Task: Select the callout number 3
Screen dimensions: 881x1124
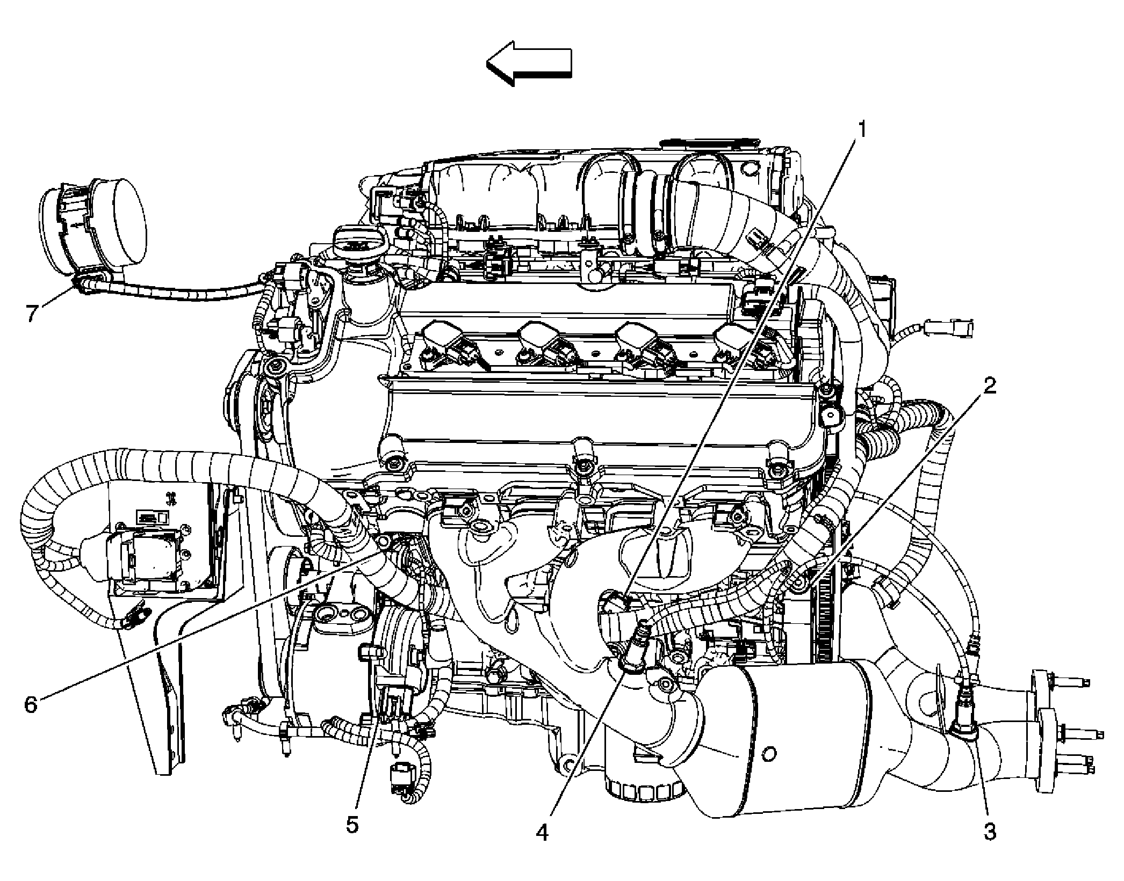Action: coord(989,832)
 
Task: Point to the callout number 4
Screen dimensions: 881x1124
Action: coord(542,833)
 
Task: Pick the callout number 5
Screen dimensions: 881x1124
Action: coord(352,824)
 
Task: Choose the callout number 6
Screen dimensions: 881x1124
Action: coord(31,704)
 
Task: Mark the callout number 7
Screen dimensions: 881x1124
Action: coord(32,313)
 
